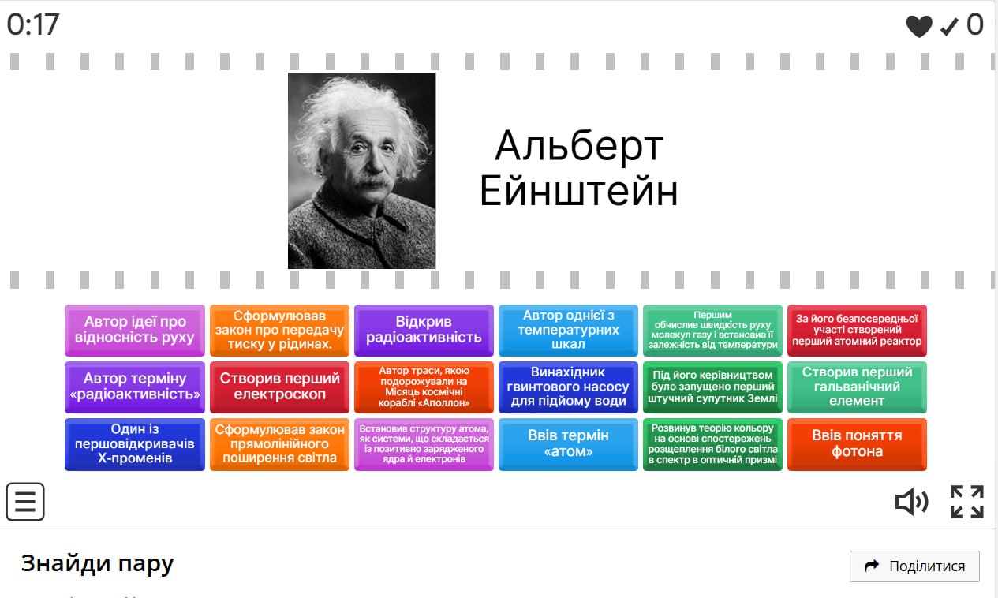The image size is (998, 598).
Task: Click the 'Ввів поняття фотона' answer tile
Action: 857,444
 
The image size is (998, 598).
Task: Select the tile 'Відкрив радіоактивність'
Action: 424,331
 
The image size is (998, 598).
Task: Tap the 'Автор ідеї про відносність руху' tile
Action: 135,331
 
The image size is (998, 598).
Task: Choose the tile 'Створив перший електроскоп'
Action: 279,387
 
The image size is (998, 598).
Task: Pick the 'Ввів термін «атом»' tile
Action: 568,444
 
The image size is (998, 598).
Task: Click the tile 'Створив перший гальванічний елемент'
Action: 857,387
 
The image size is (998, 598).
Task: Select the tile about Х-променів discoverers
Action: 135,444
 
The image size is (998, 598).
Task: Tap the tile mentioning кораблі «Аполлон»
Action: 424,387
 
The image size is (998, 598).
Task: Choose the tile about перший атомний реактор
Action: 857,331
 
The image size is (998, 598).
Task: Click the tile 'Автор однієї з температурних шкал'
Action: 568,331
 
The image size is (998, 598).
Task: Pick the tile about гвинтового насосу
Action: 568,387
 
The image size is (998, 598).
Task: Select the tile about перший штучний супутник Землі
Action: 712,387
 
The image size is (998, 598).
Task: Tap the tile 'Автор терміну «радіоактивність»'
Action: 135,387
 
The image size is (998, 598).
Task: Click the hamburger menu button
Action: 25,501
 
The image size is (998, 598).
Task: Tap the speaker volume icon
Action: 911,502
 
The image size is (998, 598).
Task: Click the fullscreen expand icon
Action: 966,502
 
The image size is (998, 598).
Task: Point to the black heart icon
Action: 919,26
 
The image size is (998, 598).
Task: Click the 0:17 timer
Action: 33,24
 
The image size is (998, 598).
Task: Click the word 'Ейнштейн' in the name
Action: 578,191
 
